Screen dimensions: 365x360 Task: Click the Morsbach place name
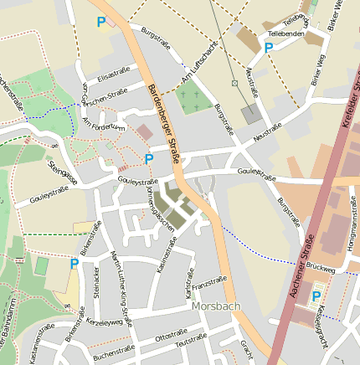(x=215, y=306)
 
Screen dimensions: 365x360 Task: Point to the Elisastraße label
(x=114, y=76)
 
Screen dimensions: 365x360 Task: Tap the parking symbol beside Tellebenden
(x=269, y=48)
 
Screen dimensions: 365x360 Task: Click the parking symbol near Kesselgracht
(x=316, y=296)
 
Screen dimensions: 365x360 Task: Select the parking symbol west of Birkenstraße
(x=75, y=264)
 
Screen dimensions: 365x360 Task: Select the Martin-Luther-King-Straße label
(x=121, y=289)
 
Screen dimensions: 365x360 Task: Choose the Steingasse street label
(x=63, y=173)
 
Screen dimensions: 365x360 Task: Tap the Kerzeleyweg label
(x=104, y=321)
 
